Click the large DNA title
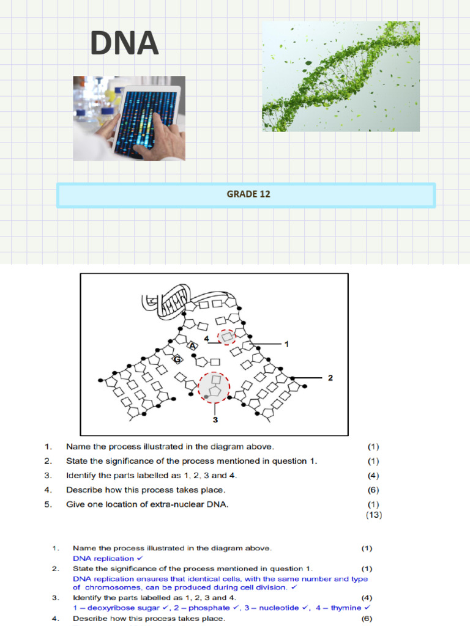124,45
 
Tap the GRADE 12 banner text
248,194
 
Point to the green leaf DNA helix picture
341,76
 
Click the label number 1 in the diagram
286,344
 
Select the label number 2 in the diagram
330,378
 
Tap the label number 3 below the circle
215,420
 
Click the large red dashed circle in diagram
214,388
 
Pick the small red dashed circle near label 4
227,337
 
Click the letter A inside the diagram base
192,346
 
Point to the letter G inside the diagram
177,359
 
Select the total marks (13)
373,515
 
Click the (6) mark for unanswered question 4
373,490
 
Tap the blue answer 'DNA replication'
103,558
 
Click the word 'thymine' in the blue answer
346,608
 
